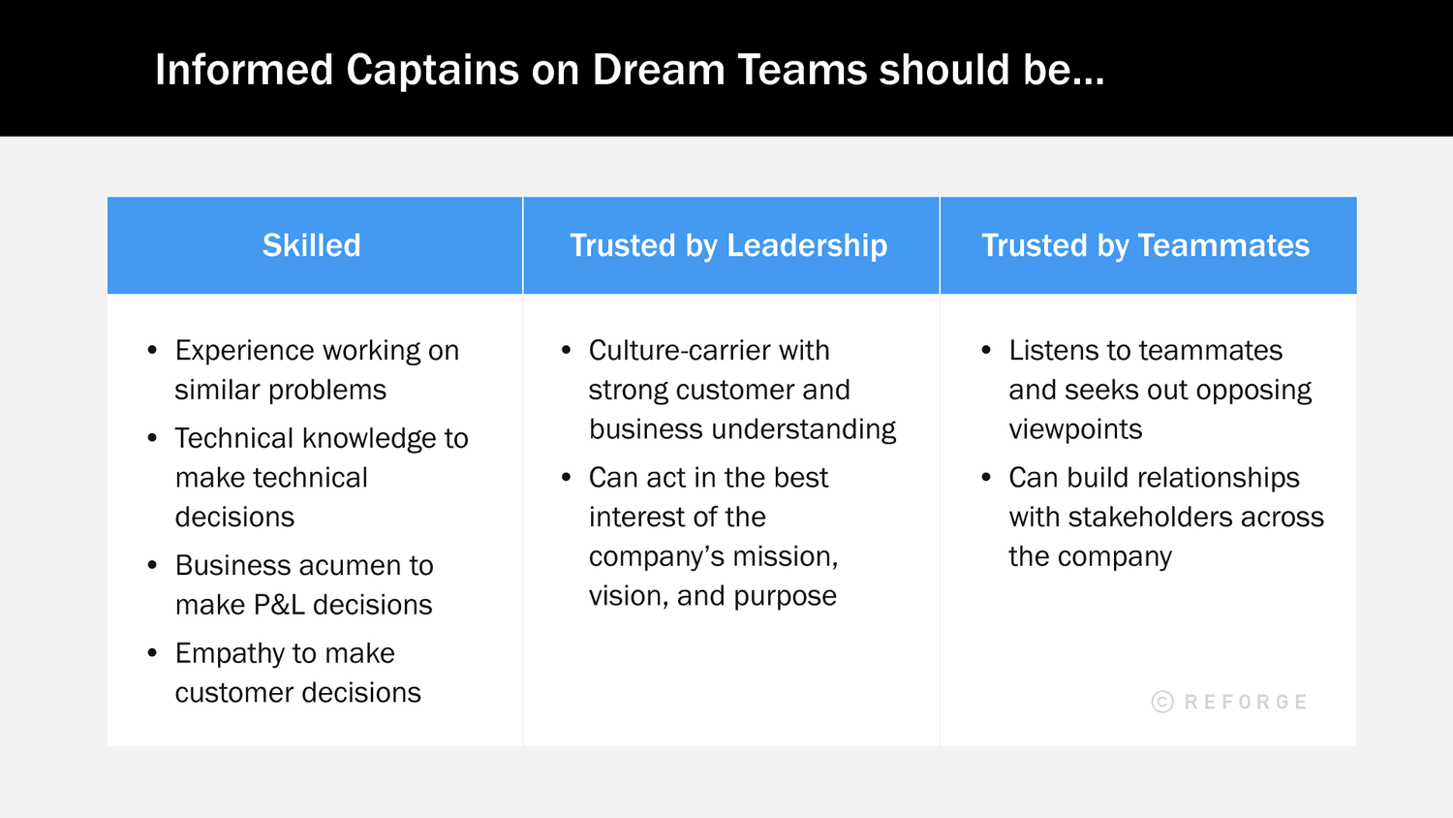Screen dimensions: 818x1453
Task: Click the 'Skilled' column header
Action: (311, 245)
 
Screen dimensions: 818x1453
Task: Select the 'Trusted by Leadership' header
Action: (728, 245)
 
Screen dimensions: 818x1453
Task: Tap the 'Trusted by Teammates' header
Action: (1145, 245)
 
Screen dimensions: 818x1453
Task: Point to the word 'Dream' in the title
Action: (656, 70)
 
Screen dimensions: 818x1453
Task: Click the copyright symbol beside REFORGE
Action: (1162, 702)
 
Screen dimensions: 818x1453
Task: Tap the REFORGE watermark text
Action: (1246, 702)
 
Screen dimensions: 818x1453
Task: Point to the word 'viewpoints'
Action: (1075, 428)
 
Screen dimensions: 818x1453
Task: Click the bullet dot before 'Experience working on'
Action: (152, 350)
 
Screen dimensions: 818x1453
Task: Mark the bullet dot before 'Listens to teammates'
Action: (986, 350)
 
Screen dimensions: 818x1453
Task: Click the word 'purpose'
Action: (785, 596)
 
